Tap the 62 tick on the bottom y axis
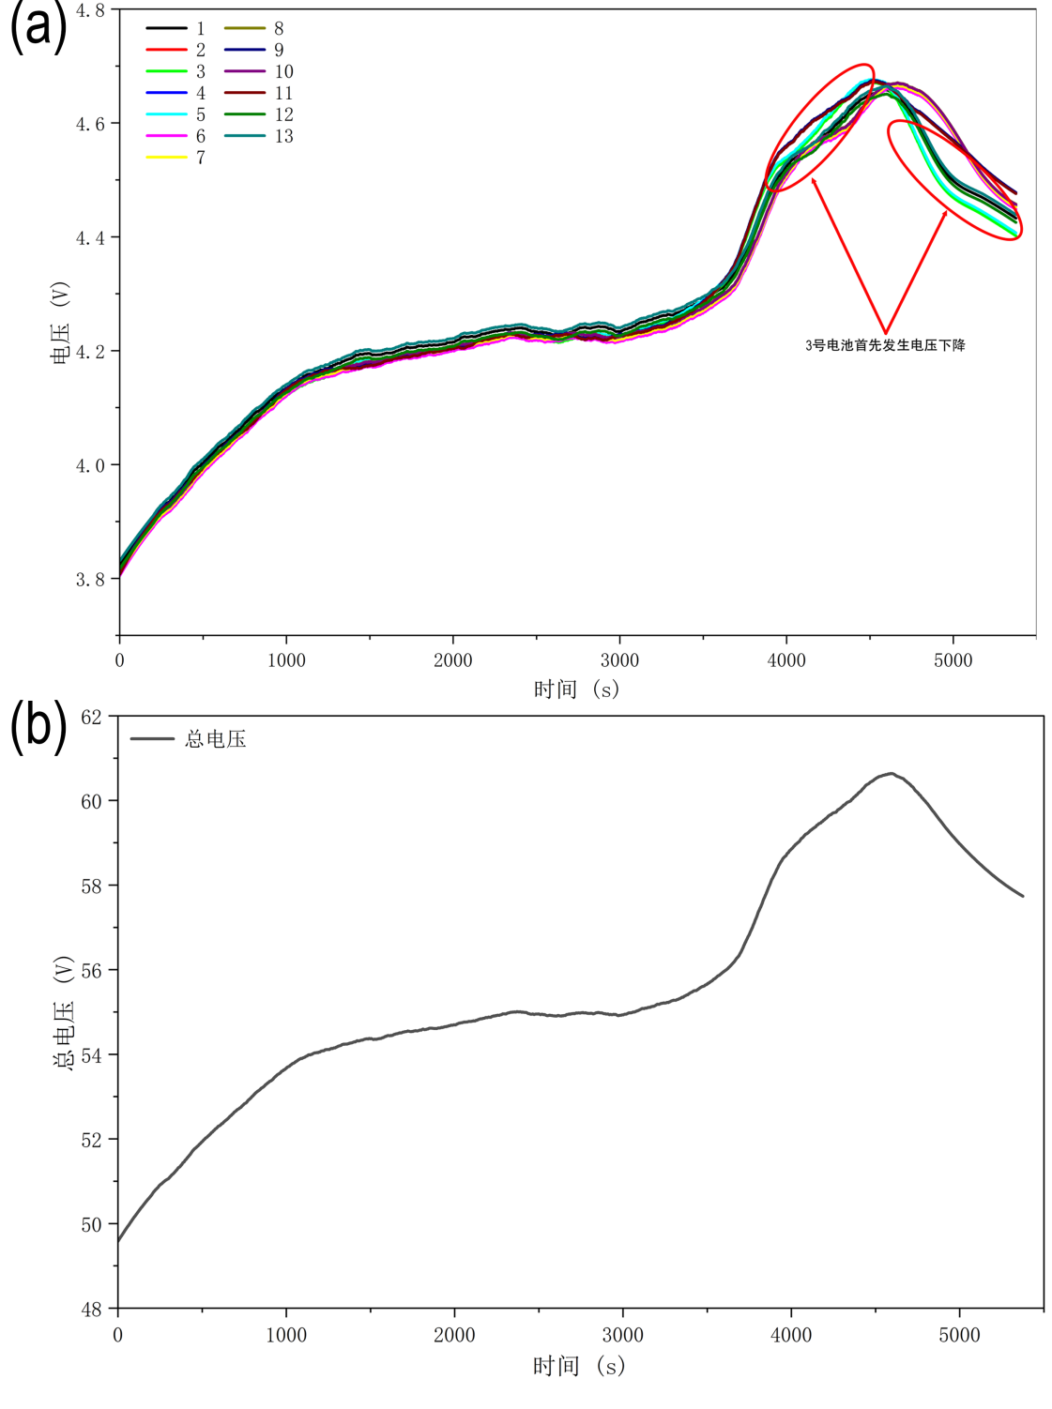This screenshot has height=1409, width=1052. (91, 717)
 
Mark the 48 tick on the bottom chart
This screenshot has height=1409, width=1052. (91, 1310)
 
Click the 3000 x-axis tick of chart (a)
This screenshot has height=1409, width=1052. (619, 660)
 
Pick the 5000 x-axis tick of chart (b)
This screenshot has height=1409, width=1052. (959, 1335)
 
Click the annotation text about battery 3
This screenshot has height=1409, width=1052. (885, 345)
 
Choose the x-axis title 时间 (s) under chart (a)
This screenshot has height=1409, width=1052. (577, 689)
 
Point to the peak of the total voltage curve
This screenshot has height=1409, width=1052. (891, 774)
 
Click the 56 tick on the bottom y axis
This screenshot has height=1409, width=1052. (91, 970)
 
